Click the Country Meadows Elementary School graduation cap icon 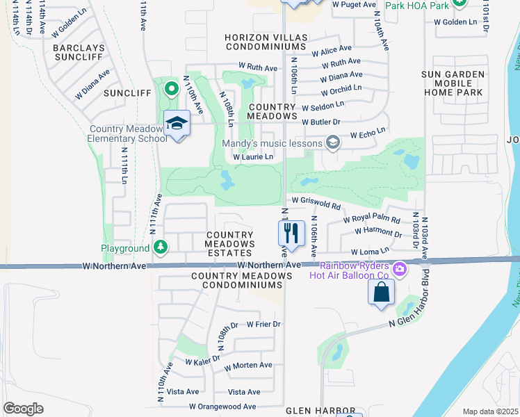177,124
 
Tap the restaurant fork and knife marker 291,233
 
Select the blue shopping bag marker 382,292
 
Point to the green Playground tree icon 161,247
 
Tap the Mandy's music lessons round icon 333,143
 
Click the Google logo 23,408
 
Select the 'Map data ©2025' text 490,411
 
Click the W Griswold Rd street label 316,206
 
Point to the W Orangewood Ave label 222,407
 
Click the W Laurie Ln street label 253,158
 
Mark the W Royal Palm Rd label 372,220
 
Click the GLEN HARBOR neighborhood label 315,411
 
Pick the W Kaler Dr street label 202,360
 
